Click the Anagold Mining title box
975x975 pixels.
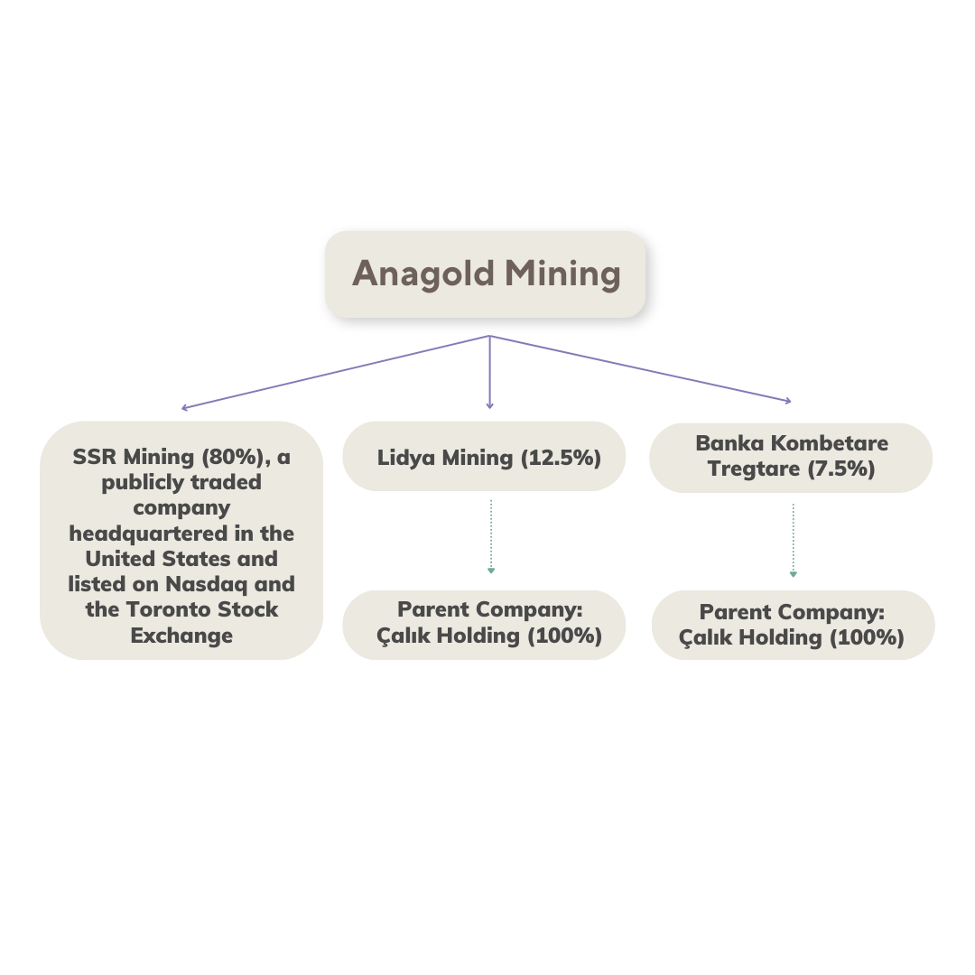coord(485,274)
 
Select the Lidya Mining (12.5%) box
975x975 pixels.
coord(484,457)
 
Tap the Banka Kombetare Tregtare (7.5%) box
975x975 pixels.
coord(790,458)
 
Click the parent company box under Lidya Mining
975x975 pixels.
coord(484,625)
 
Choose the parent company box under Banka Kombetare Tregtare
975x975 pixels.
coord(793,625)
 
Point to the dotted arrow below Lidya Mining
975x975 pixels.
coord(490,536)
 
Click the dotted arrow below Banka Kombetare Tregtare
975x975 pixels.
coord(793,541)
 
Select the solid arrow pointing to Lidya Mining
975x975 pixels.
coord(490,373)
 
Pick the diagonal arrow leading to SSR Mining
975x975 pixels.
coord(335,373)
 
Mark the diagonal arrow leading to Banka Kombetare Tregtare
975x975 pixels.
coord(640,368)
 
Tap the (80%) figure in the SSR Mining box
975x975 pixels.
coord(233,457)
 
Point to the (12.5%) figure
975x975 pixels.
coord(561,458)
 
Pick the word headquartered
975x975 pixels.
coord(148,534)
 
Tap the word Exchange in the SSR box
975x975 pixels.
coord(181,636)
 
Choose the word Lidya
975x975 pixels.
coord(406,459)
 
